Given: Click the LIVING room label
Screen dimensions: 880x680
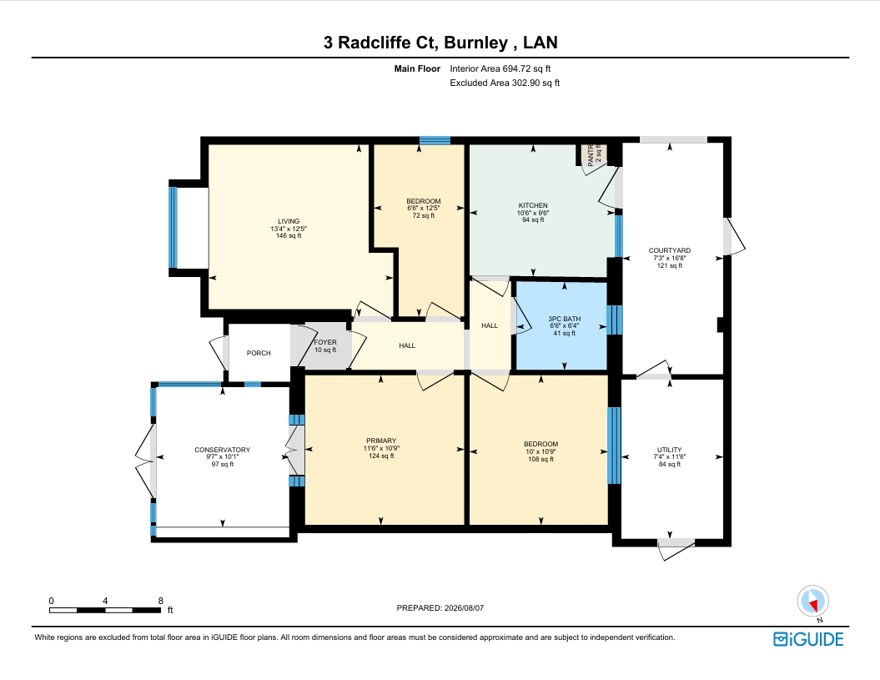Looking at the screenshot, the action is (289, 221).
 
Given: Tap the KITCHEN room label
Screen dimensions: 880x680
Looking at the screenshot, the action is (533, 205).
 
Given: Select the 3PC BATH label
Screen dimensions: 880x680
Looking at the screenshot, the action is (564, 319).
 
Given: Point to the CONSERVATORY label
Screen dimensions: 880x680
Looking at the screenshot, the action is (222, 450).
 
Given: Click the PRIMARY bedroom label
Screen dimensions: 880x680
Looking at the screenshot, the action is (381, 441).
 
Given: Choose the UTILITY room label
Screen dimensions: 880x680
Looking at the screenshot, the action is (669, 450).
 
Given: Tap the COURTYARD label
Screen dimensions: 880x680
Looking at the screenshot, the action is (669, 250).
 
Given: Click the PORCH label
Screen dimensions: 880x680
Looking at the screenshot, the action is (259, 353).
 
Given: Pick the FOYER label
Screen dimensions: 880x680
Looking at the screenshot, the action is (325, 342).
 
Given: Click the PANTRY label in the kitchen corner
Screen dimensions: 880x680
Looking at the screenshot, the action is (591, 155).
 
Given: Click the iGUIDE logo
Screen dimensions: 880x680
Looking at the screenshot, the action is (808, 639).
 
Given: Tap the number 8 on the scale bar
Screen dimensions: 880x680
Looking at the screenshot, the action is (160, 601).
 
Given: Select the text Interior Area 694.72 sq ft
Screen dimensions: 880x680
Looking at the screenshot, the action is (500, 68).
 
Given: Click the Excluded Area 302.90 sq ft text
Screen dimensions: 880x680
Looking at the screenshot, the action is (505, 83).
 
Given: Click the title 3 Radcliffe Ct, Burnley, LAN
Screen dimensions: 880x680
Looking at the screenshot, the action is (440, 43).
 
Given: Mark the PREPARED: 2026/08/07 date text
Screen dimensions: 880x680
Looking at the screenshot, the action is (440, 608).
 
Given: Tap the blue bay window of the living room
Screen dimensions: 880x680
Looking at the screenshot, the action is (173, 228).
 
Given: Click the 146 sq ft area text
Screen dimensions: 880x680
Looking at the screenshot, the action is (289, 236).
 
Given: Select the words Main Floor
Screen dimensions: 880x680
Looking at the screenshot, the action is (417, 68).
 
